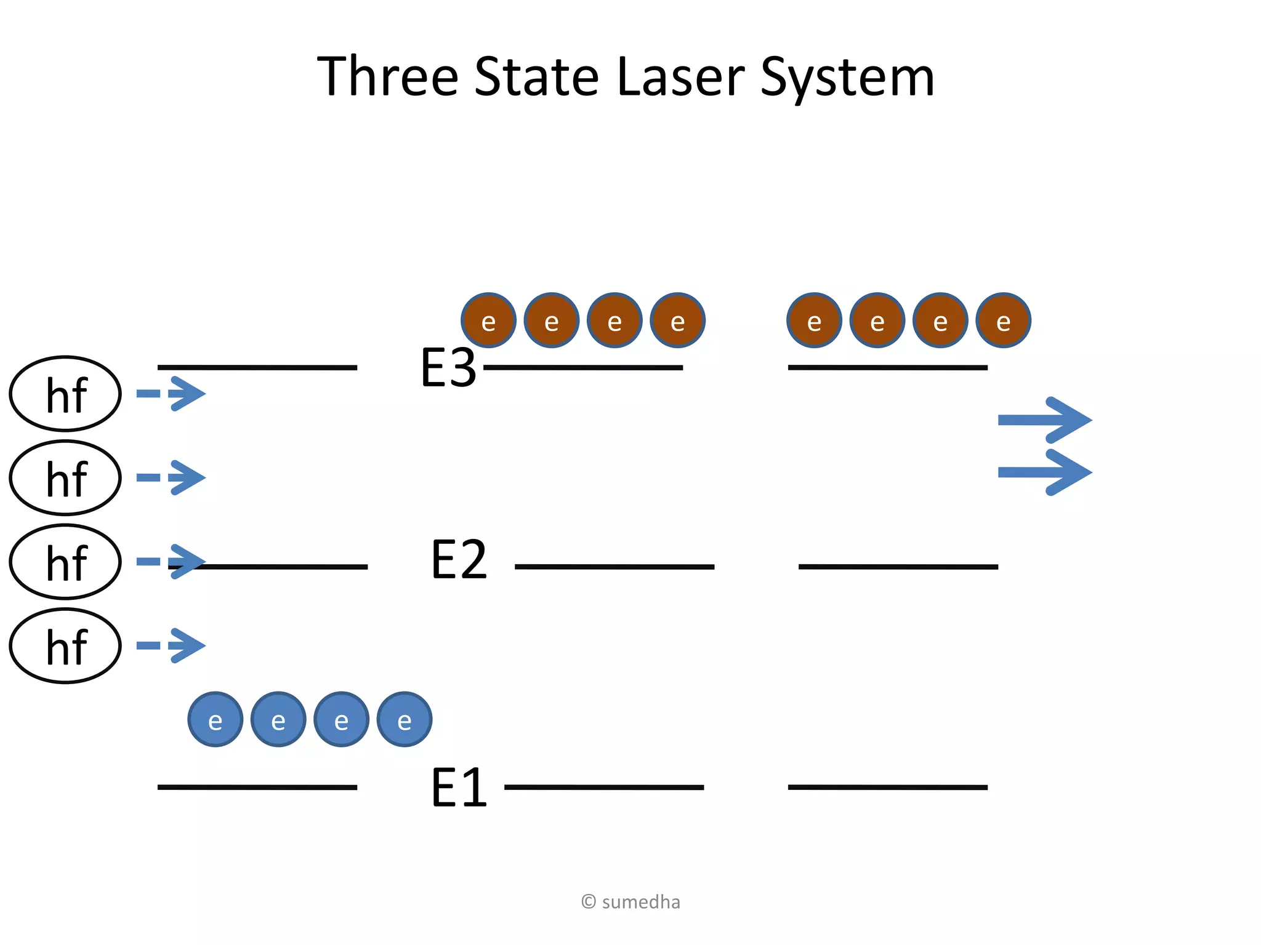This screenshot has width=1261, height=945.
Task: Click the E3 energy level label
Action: pyautogui.click(x=448, y=368)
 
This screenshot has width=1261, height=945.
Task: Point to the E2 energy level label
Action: pyautogui.click(x=459, y=560)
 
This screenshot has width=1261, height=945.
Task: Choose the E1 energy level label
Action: pyautogui.click(x=459, y=787)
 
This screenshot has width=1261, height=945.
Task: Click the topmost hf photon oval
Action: pyautogui.click(x=65, y=394)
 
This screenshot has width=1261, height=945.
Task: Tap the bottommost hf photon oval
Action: pyautogui.click(x=65, y=645)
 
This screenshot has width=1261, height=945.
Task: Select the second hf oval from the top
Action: pyautogui.click(x=65, y=477)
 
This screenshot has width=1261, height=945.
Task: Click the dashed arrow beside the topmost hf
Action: pyautogui.click(x=171, y=394)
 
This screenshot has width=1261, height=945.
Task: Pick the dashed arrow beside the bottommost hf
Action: pyautogui.click(x=171, y=645)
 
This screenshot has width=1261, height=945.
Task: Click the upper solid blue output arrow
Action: pyautogui.click(x=1044, y=420)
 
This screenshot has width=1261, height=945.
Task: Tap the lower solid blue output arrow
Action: pyautogui.click(x=1044, y=472)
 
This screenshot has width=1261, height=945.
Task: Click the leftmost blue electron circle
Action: pyautogui.click(x=215, y=719)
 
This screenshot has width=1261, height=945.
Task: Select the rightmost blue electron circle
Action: pyautogui.click(x=404, y=719)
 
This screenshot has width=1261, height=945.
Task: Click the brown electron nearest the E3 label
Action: pyautogui.click(x=488, y=320)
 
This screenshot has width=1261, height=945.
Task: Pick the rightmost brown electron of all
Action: pyautogui.click(x=1003, y=320)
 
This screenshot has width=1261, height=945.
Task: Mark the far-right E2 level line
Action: pyautogui.click(x=898, y=566)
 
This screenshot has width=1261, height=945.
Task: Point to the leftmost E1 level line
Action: pyautogui.click(x=257, y=787)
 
